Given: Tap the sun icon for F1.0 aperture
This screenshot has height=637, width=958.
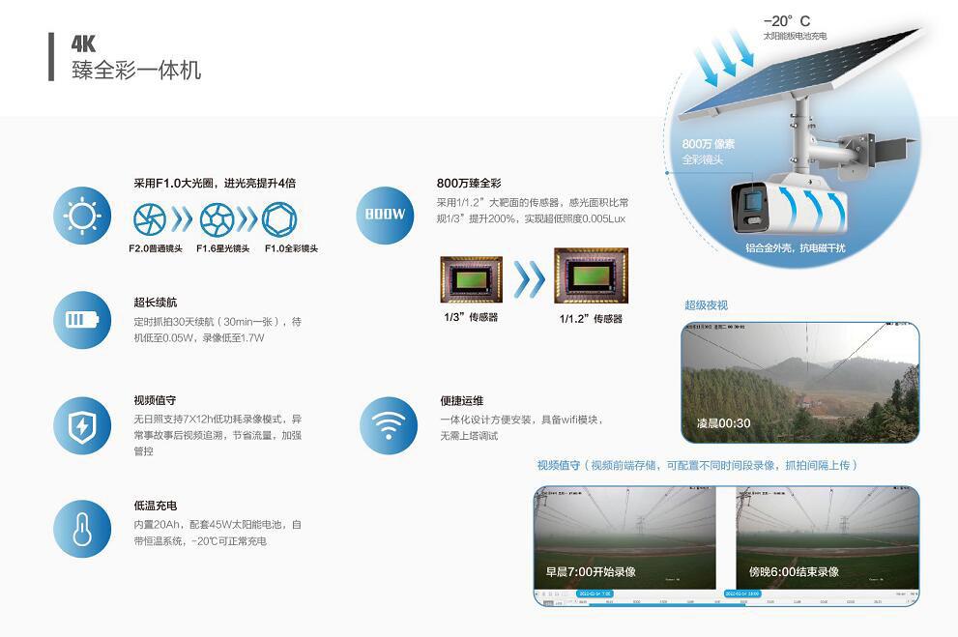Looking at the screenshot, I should coord(82,215).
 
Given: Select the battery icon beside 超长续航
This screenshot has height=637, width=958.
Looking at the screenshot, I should coord(82,319).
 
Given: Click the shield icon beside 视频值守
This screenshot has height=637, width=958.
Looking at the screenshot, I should coord(82,424).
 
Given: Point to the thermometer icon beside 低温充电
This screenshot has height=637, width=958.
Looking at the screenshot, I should coord(82,529).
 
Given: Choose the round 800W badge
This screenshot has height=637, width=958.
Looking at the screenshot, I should coord(386,215).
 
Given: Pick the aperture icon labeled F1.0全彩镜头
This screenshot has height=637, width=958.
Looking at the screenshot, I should coord(279,219).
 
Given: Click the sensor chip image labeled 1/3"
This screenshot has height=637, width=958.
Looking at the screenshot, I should coord(471,279).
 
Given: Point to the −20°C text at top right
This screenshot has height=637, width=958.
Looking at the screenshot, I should coord(787,20).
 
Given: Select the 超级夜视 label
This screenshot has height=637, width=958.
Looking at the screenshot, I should coord(706,305).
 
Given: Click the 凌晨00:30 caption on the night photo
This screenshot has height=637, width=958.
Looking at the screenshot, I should coord(723,423).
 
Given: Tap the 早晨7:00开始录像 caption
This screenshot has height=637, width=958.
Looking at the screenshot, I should coord(590,571).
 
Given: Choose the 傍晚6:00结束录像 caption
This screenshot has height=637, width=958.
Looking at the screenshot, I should coord(794,571).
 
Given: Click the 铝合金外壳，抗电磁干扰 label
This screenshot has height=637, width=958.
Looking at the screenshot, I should coord(795,248).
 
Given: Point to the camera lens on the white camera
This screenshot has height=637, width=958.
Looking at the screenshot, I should coord(750,205).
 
